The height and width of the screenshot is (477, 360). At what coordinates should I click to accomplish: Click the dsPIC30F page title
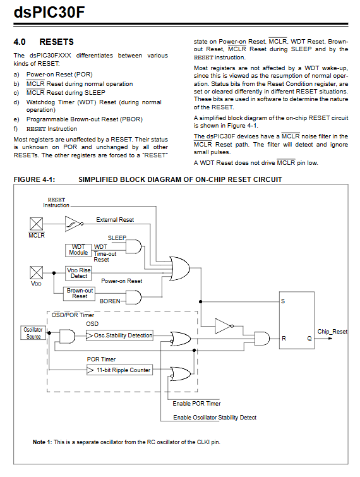[49, 13]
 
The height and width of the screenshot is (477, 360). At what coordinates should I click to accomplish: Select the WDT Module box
[78, 250]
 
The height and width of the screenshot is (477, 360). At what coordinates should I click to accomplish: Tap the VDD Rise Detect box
[78, 273]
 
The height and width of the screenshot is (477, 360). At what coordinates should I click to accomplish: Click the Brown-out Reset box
[79, 294]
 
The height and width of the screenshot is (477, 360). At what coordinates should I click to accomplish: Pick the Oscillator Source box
[33, 333]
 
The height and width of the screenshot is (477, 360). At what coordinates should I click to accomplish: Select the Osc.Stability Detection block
[119, 335]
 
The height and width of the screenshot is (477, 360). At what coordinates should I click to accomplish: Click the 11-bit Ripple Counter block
[119, 370]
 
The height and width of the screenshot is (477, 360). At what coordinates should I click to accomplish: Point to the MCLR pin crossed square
[36, 224]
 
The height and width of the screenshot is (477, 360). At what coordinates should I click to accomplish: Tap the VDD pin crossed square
[36, 272]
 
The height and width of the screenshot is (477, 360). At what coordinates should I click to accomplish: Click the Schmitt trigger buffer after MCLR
[74, 224]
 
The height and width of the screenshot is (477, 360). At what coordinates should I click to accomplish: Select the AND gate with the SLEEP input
[133, 246]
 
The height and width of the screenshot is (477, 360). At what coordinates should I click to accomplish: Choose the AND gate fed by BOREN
[133, 297]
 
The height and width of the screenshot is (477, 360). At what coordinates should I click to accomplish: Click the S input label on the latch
[283, 301]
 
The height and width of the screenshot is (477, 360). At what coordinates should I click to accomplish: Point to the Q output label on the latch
[309, 338]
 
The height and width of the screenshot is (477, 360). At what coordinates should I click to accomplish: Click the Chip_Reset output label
[332, 332]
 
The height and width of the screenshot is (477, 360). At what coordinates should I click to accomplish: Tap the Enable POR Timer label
[196, 403]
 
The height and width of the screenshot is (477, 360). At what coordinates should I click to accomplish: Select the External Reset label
[115, 220]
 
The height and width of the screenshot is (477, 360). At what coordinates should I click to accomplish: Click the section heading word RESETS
[57, 42]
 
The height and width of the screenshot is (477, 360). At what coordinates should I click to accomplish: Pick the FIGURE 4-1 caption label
[34, 179]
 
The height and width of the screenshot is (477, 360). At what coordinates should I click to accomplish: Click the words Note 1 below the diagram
[42, 442]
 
